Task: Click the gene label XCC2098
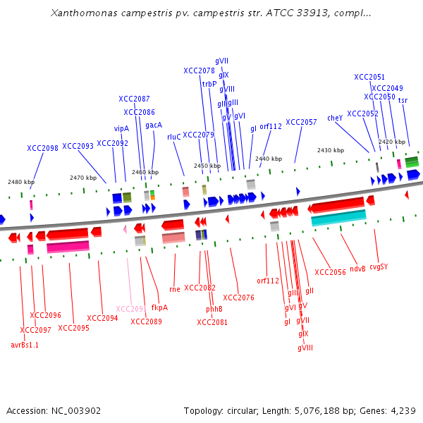42,148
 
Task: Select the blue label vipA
121,128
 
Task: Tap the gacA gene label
154,125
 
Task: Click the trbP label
209,84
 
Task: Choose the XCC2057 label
301,122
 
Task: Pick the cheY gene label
335,118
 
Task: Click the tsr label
403,100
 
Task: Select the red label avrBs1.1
25,345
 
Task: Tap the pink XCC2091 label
130,308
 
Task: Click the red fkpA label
159,307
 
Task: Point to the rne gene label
176,288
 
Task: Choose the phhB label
214,309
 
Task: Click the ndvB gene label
357,268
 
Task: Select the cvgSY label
379,266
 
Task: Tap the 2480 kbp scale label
21,182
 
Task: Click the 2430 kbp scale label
330,150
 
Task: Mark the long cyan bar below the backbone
338,219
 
